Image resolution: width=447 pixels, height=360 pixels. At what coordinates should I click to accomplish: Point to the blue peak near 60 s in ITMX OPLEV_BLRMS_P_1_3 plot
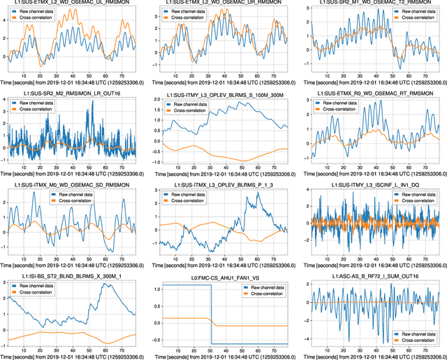pyautogui.click(x=257, y=194)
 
